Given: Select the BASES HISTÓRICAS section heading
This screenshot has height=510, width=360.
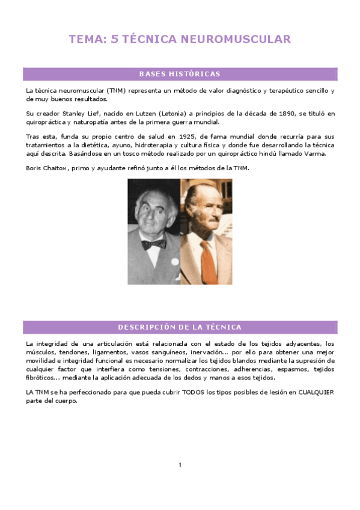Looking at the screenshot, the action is (x=180, y=74).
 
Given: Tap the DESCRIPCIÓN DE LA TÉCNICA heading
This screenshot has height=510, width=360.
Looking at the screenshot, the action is (x=180, y=327).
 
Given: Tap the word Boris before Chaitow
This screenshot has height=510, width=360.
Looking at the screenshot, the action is (x=35, y=168).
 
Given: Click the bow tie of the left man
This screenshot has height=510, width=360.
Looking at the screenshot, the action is (x=154, y=244).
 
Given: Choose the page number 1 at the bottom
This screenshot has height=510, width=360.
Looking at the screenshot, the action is (x=180, y=464).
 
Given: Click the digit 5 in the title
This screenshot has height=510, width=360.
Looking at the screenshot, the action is (x=115, y=40).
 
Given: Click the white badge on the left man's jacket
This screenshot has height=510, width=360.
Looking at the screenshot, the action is (x=175, y=262).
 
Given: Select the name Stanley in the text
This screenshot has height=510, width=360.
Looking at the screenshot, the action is (x=75, y=113).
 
